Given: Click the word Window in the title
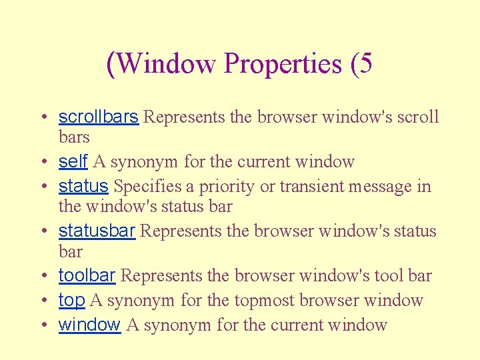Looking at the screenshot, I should pyautogui.click(x=167, y=64).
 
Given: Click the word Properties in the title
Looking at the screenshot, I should pyautogui.click(x=283, y=64).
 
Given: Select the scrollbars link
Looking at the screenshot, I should pyautogui.click(x=98, y=117).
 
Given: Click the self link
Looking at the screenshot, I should pyautogui.click(x=73, y=161).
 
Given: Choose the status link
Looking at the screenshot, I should pyautogui.click(x=83, y=186).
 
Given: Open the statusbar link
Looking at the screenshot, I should pyautogui.click(x=97, y=231).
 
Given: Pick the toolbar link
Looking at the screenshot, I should pyautogui.click(x=87, y=275).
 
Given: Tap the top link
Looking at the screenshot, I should pyautogui.click(x=71, y=301).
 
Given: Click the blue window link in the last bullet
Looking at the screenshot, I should pyautogui.click(x=89, y=325).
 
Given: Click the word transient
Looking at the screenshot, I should pyautogui.click(x=309, y=187).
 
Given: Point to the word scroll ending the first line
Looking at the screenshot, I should pyautogui.click(x=418, y=117).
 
